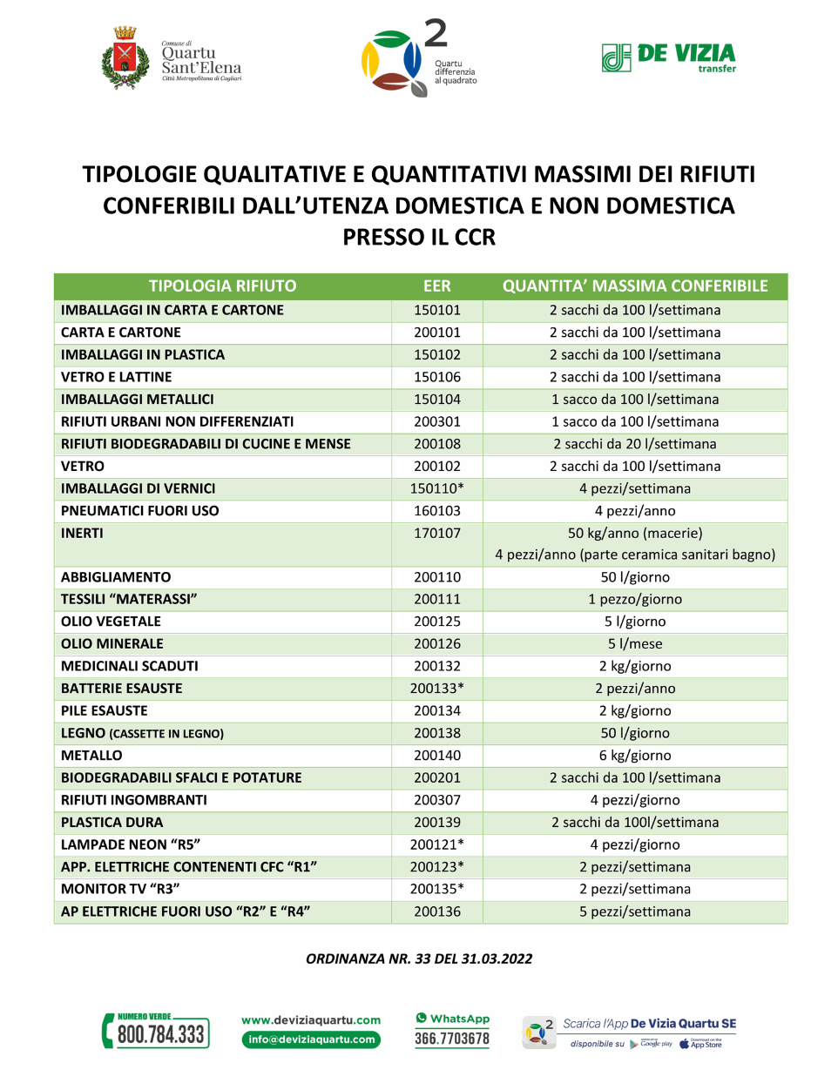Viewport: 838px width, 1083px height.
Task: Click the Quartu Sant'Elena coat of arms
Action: coord(125,58)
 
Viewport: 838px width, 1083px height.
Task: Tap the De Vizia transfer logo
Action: coord(669,57)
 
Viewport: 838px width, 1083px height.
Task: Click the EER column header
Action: coord(437,286)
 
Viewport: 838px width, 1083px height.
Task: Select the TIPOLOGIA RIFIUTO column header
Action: coord(222,286)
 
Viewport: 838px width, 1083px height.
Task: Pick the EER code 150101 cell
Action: coord(437,310)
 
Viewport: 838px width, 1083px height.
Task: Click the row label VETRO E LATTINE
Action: coord(116,377)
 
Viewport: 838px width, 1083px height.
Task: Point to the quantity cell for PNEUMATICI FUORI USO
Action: coord(635,511)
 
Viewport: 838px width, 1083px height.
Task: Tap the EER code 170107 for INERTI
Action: coord(437,533)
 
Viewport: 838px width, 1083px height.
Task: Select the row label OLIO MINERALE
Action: coord(112,643)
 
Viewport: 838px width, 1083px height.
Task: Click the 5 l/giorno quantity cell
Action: coord(635,622)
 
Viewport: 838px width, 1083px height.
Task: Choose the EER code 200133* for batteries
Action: coord(437,689)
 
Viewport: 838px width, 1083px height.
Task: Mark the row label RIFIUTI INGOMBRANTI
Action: coord(134,800)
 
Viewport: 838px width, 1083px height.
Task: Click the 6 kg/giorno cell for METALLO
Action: coord(635,756)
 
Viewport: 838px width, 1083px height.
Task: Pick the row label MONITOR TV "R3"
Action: coord(120,889)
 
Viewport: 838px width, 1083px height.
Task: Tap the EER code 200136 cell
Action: coord(437,911)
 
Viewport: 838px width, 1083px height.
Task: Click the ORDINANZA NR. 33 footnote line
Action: coord(419,959)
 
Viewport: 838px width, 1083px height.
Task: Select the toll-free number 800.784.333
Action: coord(160,1034)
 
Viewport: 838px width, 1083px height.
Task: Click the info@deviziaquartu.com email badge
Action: coord(311,1039)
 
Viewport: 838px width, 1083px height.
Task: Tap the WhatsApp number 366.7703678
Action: coord(452,1039)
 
